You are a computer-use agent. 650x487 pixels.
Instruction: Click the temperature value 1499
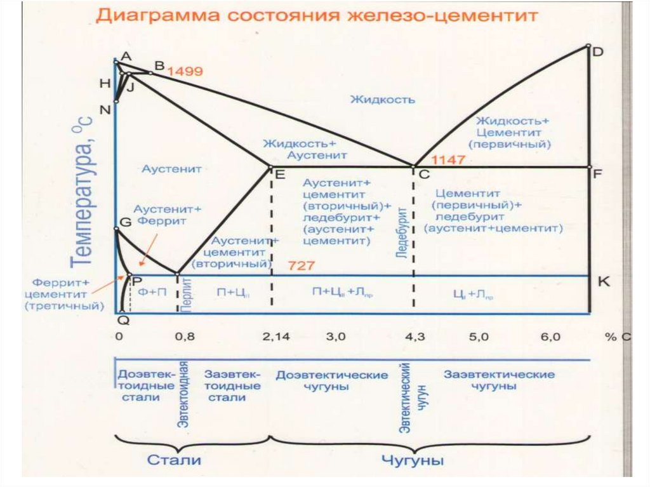[185, 72]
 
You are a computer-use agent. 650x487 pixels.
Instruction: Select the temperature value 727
[301, 265]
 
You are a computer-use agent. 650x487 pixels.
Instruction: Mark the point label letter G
[125, 222]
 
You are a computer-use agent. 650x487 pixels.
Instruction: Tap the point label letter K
[604, 282]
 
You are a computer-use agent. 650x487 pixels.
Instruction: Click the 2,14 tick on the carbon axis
[275, 338]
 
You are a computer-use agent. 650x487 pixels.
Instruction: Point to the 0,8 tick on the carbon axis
[185, 338]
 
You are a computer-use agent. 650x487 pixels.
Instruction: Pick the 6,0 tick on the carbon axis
[550, 338]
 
